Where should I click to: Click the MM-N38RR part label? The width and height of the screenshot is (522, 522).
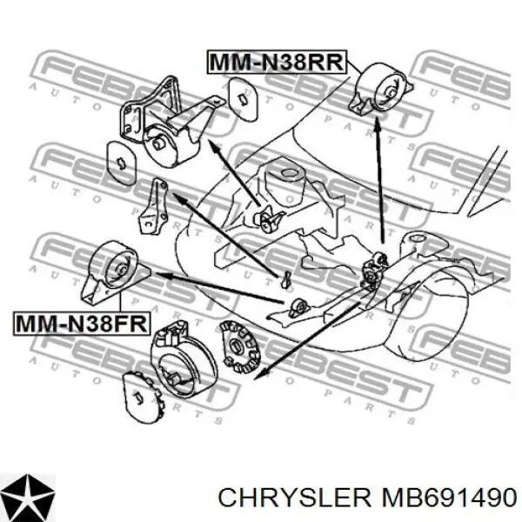277,62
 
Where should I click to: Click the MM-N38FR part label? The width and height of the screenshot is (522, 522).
82,324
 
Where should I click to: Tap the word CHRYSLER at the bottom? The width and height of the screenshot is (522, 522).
294,499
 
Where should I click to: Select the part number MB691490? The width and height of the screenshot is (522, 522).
449,499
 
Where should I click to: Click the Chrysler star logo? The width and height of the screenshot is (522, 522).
28,496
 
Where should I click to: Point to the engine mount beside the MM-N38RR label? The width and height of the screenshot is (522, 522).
380,89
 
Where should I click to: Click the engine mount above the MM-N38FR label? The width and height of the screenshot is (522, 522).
115,272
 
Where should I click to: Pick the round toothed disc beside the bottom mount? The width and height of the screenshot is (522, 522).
240,347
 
